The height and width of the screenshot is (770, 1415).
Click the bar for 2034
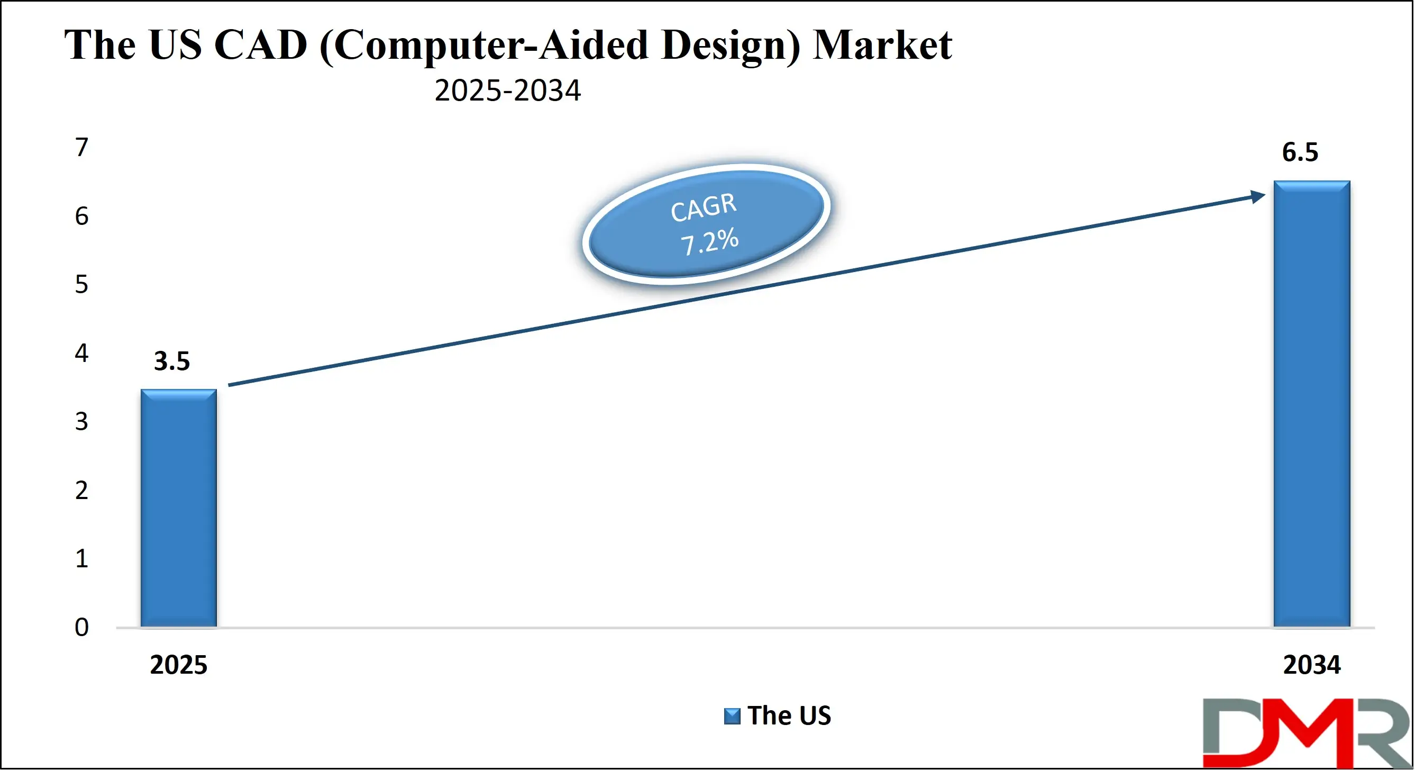click(1311, 403)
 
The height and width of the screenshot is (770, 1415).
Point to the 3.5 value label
click(171, 361)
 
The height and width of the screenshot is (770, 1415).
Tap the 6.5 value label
click(1300, 152)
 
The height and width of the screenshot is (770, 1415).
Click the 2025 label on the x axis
click(178, 665)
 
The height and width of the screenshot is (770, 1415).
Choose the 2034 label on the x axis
click(1311, 665)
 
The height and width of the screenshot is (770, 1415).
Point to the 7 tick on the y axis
click(82, 147)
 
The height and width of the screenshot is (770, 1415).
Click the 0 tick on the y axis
click(82, 627)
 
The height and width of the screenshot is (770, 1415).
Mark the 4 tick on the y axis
click(82, 353)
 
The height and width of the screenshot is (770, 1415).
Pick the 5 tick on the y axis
click(82, 284)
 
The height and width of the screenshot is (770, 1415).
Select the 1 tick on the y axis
click(82, 558)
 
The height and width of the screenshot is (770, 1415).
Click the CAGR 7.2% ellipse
click(706, 224)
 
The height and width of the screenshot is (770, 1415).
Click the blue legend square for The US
click(732, 716)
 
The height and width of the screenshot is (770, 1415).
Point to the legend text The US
click(789, 715)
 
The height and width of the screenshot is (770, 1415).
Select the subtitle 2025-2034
click(508, 90)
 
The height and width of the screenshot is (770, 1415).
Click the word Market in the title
click(882, 45)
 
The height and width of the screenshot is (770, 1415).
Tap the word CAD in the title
click(260, 45)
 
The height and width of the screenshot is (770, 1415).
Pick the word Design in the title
click(731, 45)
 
